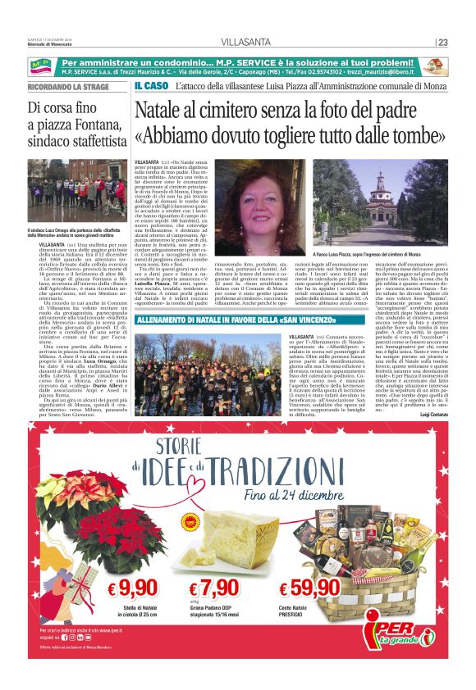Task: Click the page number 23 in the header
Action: [x=442, y=43]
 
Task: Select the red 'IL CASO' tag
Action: [x=151, y=86]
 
